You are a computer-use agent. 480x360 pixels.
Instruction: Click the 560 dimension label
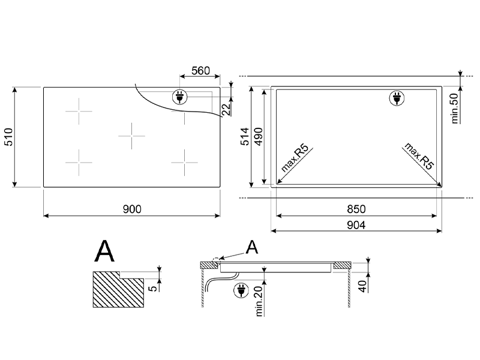click(200, 71)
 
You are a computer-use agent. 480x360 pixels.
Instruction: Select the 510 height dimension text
click(8, 137)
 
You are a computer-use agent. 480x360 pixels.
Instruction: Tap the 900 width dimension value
click(132, 209)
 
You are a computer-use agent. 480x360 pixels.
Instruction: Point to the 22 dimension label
click(226, 109)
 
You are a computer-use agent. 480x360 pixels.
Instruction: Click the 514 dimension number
click(245, 137)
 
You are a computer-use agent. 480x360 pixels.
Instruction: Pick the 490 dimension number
click(259, 137)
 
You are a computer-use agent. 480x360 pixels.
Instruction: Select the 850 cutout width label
click(356, 209)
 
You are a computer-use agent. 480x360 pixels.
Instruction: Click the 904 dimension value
click(356, 225)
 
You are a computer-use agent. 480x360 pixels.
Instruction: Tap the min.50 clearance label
click(455, 109)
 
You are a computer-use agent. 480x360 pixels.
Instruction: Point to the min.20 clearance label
click(259, 301)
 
